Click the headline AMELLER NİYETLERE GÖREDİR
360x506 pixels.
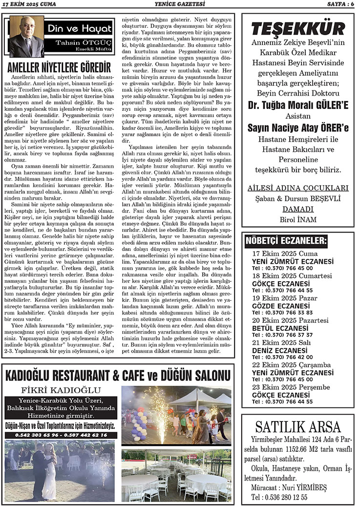[59, 66]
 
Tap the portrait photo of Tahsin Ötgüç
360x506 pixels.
[26, 37]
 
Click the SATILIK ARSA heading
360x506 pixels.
[297, 428]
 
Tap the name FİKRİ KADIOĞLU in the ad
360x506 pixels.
[62, 390]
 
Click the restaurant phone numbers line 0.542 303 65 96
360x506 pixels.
[61, 435]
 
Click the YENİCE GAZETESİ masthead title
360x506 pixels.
[179, 4]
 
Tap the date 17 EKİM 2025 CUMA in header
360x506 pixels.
[31, 4]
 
